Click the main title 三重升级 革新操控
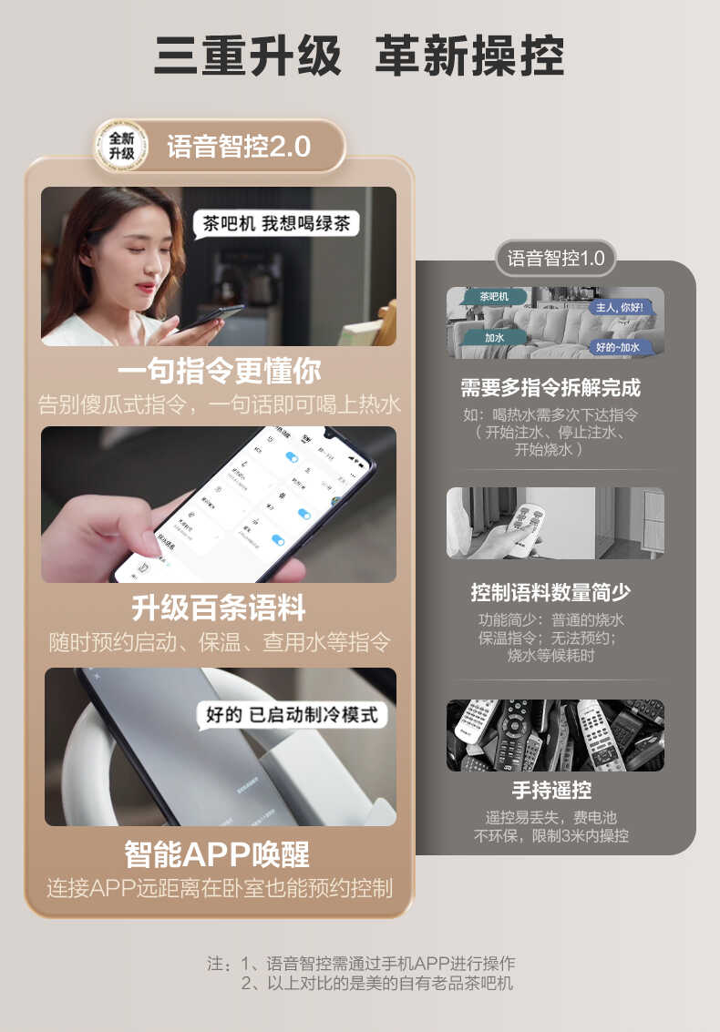click(x=359, y=56)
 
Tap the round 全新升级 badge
click(x=121, y=146)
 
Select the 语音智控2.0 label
click(x=239, y=147)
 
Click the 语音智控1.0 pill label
click(x=556, y=258)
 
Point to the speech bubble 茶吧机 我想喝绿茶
click(x=275, y=223)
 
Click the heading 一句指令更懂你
click(x=219, y=371)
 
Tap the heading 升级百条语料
click(x=219, y=608)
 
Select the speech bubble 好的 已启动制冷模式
click(x=292, y=714)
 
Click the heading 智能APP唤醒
click(x=218, y=854)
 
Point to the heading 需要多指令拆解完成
click(x=550, y=388)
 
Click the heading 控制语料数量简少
click(x=550, y=593)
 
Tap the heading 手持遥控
click(x=550, y=790)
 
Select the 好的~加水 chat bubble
click(x=617, y=347)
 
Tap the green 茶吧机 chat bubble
click(x=493, y=297)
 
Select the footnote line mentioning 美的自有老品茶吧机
click(x=376, y=983)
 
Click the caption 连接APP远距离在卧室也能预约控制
click(x=219, y=887)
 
